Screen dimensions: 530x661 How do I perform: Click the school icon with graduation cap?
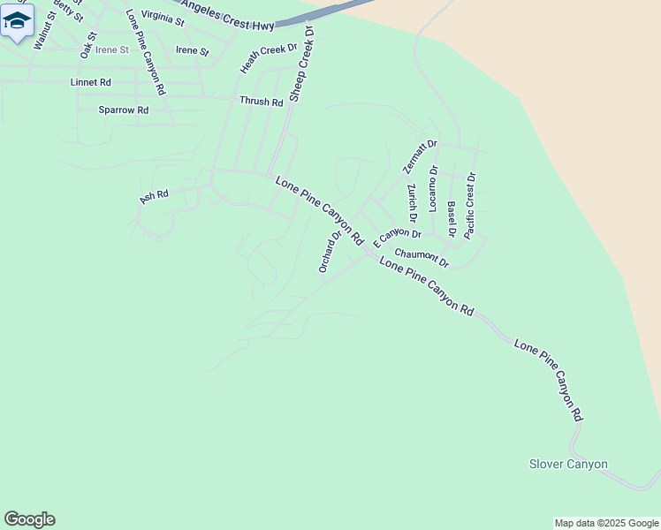(x=17, y=20)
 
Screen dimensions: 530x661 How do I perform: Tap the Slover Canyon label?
(x=568, y=464)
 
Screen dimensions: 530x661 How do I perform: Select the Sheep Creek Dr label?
(x=302, y=63)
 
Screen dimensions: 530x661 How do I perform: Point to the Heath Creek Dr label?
(x=269, y=58)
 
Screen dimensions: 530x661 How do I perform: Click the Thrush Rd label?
(x=261, y=102)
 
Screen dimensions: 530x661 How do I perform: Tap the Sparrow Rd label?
(x=123, y=110)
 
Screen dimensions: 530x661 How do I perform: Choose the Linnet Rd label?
(x=90, y=82)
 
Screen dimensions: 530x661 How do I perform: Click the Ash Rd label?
(x=154, y=196)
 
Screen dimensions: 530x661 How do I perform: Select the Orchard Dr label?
(x=330, y=252)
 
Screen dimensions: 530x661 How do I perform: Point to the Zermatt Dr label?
(x=420, y=156)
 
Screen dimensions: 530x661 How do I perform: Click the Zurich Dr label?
(x=412, y=202)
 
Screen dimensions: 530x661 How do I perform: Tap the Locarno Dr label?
(x=433, y=188)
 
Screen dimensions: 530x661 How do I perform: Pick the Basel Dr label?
(x=452, y=219)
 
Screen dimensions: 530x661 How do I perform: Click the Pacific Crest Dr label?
(x=470, y=205)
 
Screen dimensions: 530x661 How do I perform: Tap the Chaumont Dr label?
(x=422, y=258)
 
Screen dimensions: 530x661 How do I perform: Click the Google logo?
(x=29, y=519)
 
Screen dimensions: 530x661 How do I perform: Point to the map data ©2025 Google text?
(x=606, y=523)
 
